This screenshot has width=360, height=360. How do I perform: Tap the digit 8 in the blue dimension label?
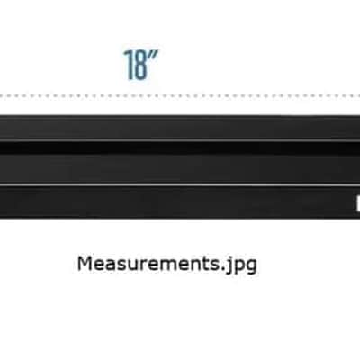point(140,66)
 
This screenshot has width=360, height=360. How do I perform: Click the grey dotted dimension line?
point(180,96)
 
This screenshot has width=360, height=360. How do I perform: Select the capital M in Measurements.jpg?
point(85,263)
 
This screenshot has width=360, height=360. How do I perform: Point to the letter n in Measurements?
point(193,265)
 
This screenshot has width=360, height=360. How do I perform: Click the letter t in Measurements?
point(202,264)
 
